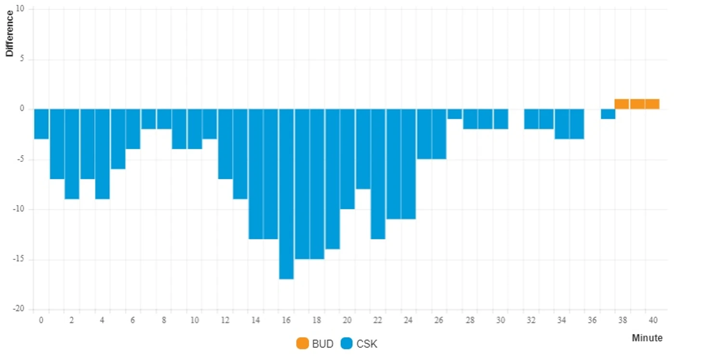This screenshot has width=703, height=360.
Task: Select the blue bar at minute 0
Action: click(41, 124)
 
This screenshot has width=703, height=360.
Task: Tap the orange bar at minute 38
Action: click(622, 104)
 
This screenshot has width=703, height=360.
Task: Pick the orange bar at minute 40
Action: click(652, 104)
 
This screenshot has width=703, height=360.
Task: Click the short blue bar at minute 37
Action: click(608, 114)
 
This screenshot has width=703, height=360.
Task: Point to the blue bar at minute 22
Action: click(378, 174)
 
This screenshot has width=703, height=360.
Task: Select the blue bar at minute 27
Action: click(455, 114)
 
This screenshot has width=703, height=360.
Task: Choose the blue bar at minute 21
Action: click(363, 149)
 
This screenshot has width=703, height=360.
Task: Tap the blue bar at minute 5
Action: click(118, 139)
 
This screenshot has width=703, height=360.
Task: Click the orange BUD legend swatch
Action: click(302, 344)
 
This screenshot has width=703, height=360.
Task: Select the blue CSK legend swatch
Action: click(347, 344)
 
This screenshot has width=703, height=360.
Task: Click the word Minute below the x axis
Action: click(647, 338)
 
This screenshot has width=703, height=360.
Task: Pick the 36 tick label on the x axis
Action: click(592, 320)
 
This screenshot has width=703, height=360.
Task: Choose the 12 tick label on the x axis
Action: click(225, 320)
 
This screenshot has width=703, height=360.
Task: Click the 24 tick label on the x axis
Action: click(408, 320)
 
